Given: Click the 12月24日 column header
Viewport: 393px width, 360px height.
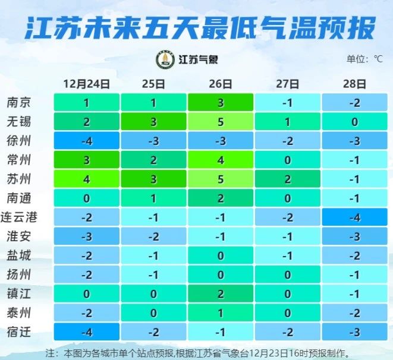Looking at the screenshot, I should click(x=87, y=84).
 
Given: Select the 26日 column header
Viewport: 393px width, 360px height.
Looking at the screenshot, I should click(x=221, y=84).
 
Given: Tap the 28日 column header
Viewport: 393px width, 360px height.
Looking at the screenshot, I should click(x=354, y=84).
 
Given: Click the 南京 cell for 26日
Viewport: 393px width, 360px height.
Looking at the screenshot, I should click(x=221, y=103).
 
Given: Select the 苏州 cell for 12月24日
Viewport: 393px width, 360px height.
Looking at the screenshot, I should click(x=87, y=179).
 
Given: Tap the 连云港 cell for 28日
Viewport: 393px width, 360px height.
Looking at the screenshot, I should click(x=354, y=217).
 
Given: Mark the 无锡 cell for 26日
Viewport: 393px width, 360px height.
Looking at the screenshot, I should click(x=221, y=122).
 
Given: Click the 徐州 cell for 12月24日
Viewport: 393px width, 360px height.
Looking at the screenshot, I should click(x=87, y=141).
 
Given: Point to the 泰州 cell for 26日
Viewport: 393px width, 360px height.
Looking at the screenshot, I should click(x=221, y=312).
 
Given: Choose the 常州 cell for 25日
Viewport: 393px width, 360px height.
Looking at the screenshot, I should click(x=153, y=160).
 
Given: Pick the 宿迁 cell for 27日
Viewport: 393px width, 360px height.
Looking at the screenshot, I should click(x=288, y=331).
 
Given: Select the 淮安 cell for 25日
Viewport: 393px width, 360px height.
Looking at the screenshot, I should click(x=153, y=236).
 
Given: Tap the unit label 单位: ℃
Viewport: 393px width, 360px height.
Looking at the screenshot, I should click(x=364, y=59).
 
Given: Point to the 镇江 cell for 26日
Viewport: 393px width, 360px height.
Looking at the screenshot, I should click(x=221, y=293).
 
